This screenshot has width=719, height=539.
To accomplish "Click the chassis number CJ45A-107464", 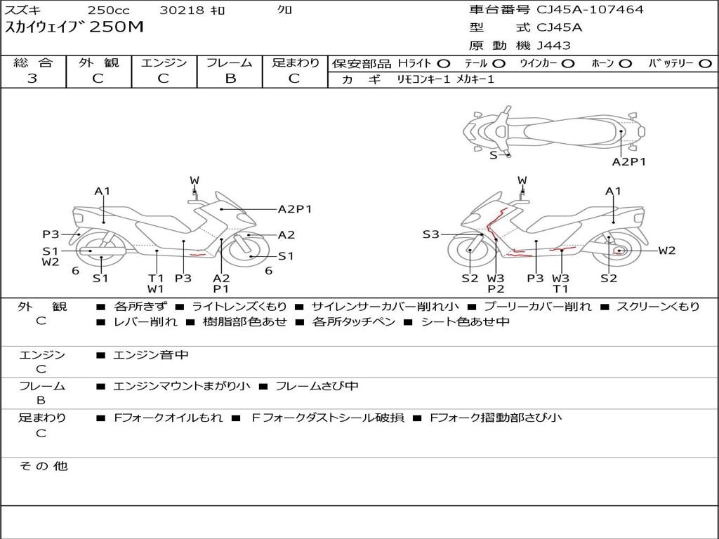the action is click(590, 10).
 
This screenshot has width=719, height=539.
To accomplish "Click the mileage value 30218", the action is click(182, 11).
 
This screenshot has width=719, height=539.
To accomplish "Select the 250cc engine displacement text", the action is click(108, 11).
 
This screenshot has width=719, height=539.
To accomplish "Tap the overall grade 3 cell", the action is click(32, 79).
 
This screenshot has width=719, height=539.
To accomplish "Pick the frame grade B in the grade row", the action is click(230, 79).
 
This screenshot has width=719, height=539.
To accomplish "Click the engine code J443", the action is click(553, 46).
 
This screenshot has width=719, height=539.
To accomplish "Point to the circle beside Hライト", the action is click(444, 64).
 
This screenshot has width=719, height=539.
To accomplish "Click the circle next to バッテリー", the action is click(705, 64).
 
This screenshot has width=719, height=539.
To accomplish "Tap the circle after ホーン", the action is click(625, 64).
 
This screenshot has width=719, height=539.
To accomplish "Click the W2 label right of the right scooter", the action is click(666, 251).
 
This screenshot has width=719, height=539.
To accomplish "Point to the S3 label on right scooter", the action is click(430, 234).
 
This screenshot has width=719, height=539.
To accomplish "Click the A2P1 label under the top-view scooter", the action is click(628, 161).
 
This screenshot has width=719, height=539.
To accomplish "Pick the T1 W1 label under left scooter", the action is click(155, 283).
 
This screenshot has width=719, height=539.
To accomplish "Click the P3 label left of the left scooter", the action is click(51, 234).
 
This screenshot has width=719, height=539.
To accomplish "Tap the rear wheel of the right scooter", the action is click(618, 251).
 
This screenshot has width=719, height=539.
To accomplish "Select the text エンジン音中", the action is click(151, 355).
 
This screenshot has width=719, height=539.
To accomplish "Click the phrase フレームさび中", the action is click(317, 386).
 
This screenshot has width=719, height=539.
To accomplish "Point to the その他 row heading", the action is click(43, 466).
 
